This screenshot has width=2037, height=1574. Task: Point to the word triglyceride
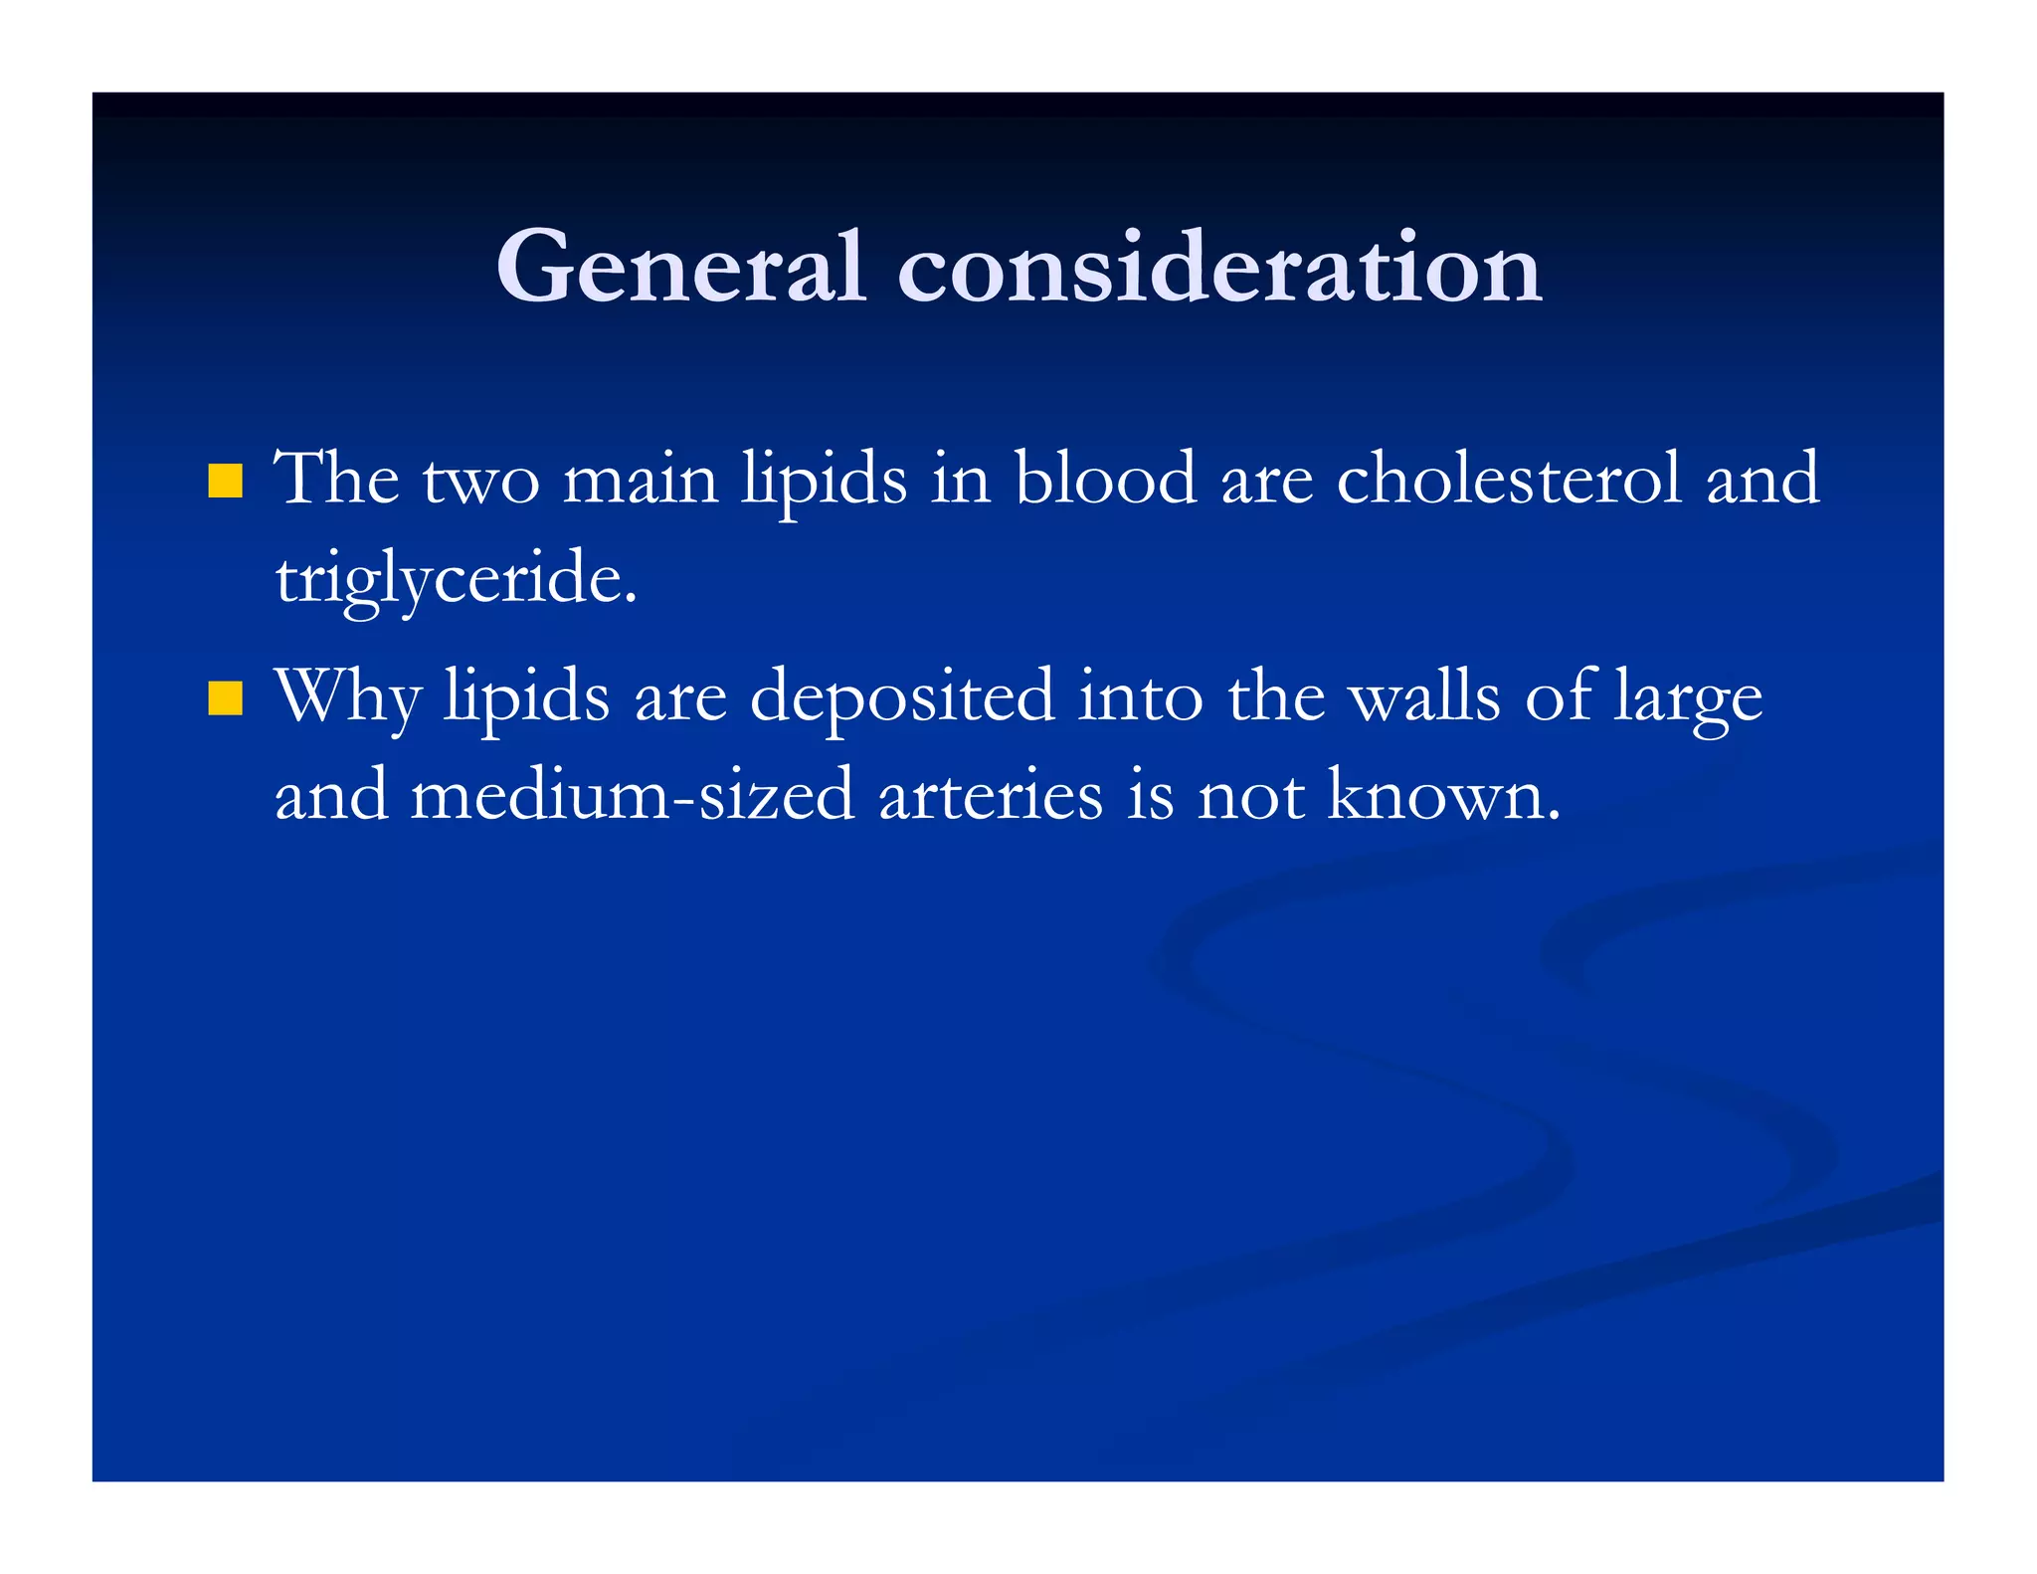tap(455, 580)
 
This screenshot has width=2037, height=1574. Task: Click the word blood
tap(1105, 479)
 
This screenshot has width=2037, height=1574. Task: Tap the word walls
tap(1423, 696)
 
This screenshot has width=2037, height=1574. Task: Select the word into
tap(1141, 696)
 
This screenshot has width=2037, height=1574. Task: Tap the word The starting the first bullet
tap(337, 479)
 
